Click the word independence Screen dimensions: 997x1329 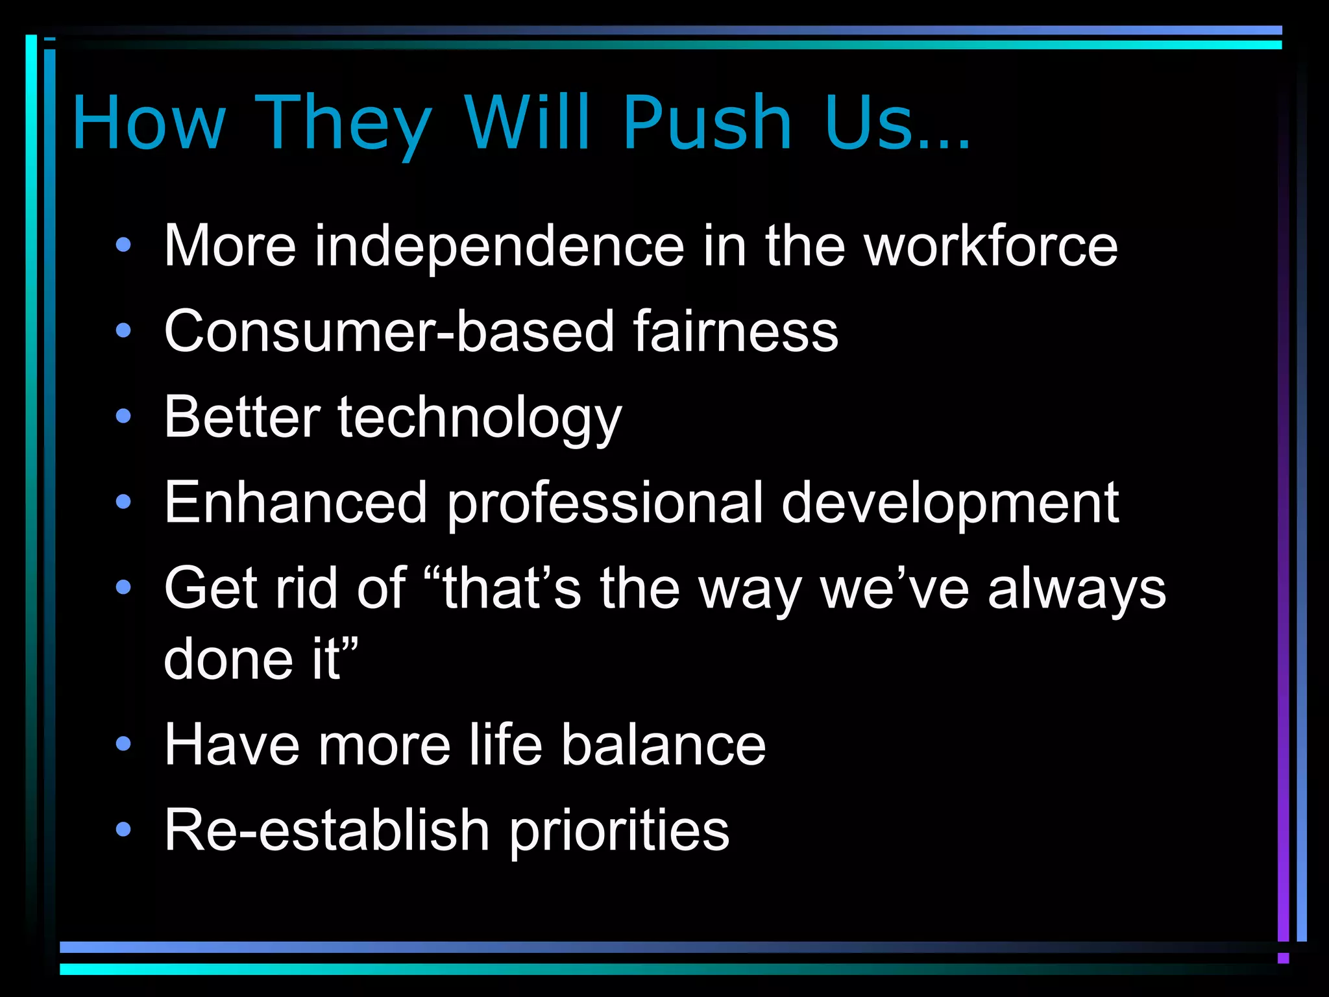pyautogui.click(x=500, y=247)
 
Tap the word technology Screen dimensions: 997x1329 pyautogui.click(x=480, y=419)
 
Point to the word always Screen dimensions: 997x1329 pyautogui.click(x=1077, y=589)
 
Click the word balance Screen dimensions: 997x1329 pyautogui.click(x=663, y=745)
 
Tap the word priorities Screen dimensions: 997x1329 pyautogui.click(x=619, y=831)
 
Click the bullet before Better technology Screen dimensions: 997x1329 pyautogui.click(x=123, y=416)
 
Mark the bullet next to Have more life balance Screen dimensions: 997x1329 pyautogui.click(x=123, y=744)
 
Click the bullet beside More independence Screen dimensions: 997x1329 pyautogui.click(x=123, y=245)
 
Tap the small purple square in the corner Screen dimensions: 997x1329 pyautogui.click(x=1283, y=958)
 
